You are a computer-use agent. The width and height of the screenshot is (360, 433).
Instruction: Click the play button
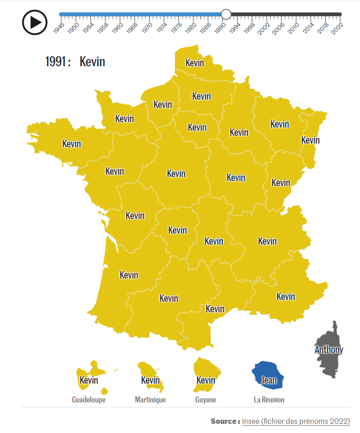click(35, 22)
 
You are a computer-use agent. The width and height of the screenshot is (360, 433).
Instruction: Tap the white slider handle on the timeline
click(226, 14)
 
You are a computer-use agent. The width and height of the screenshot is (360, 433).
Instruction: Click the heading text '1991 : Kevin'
click(75, 62)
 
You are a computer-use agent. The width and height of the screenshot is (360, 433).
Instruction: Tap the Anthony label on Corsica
click(328, 350)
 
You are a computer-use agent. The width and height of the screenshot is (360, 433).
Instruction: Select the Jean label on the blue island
click(269, 380)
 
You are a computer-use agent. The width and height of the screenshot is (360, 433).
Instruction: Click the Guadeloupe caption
click(89, 400)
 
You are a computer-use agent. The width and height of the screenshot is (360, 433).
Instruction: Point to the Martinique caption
click(150, 400)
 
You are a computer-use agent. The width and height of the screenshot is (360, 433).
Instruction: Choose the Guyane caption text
click(205, 400)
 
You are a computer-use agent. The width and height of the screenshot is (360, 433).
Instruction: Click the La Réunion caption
click(269, 400)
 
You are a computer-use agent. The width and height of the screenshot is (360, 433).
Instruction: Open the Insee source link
click(296, 421)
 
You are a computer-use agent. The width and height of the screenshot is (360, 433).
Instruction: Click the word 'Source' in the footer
click(224, 421)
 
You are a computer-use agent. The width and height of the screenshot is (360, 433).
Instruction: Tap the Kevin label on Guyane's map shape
click(205, 380)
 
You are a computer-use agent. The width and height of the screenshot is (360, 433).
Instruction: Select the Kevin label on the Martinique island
click(150, 380)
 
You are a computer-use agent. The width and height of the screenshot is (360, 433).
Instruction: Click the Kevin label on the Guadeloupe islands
click(89, 380)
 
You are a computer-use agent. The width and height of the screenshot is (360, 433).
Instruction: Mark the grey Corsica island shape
click(330, 366)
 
